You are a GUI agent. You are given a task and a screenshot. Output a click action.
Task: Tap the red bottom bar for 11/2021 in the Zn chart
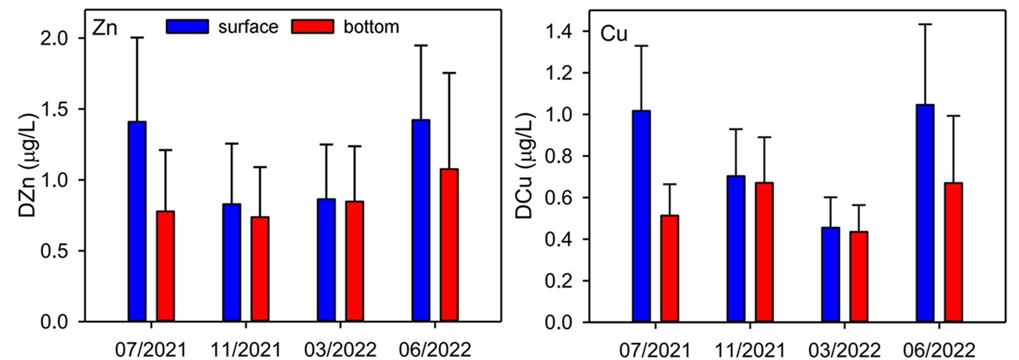pyautogui.click(x=260, y=269)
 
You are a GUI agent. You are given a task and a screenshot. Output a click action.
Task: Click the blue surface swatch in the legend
pyautogui.click(x=188, y=27)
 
